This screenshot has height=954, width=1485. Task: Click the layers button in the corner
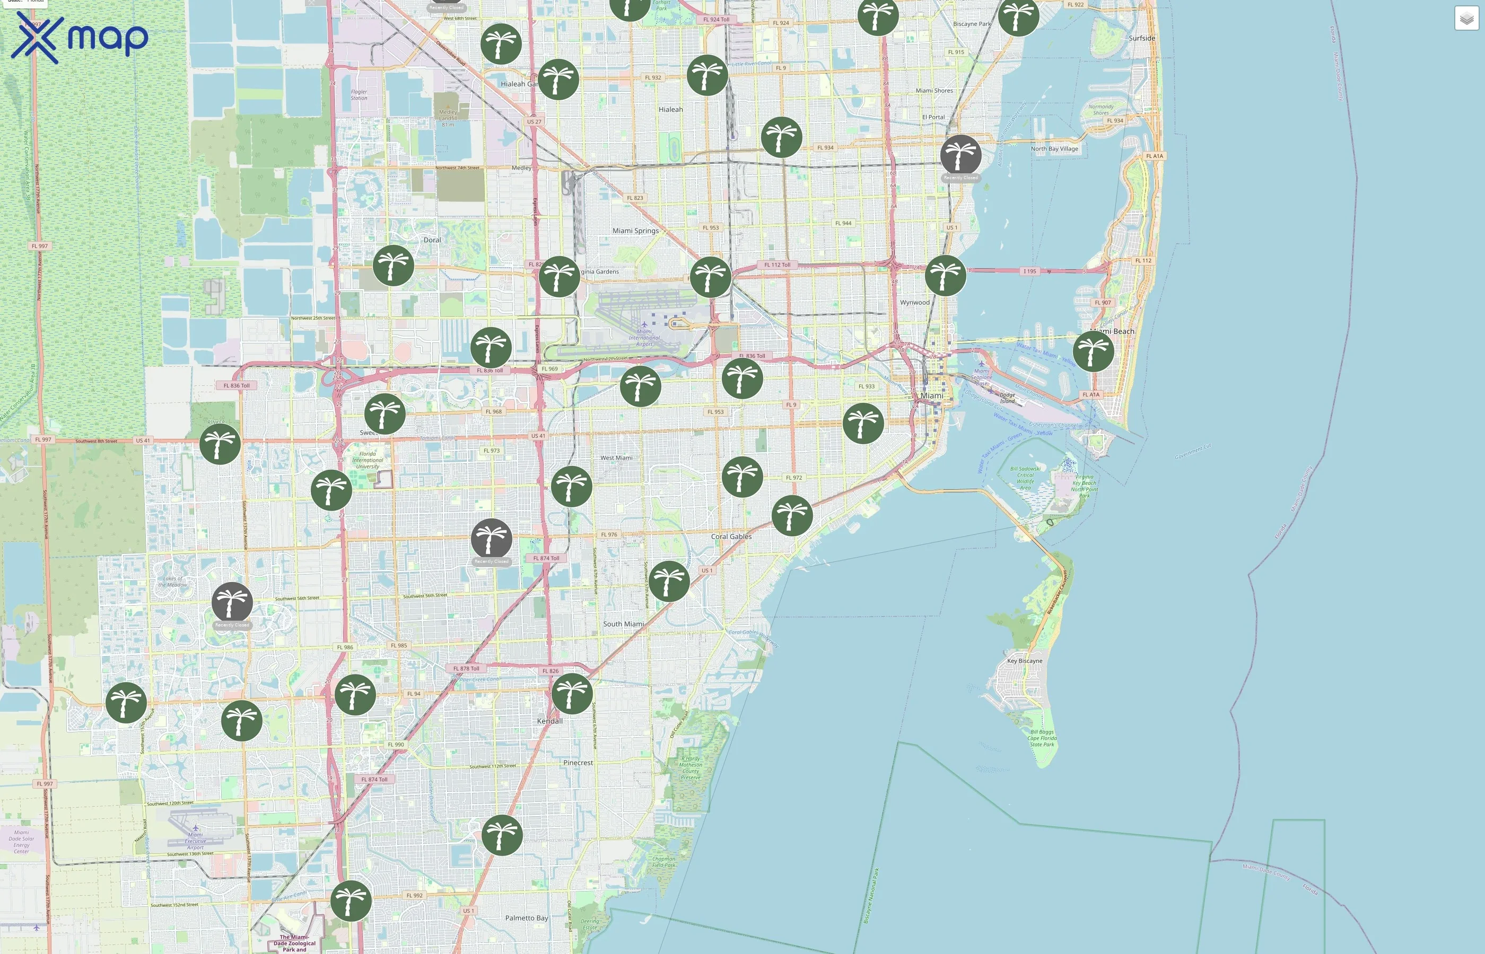click(x=1466, y=19)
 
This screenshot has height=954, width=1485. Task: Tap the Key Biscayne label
click(x=1025, y=661)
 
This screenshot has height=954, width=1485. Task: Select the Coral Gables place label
click(x=731, y=536)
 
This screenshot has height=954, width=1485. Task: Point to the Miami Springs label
click(x=635, y=231)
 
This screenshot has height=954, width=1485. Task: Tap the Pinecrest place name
click(x=578, y=763)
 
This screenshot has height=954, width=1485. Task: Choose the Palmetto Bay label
click(x=526, y=917)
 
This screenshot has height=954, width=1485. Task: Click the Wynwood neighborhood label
click(x=915, y=302)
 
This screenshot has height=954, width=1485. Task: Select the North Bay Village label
click(x=1054, y=149)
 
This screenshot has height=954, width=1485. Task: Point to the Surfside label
click(x=1142, y=38)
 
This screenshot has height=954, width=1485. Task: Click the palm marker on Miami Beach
click(x=1093, y=351)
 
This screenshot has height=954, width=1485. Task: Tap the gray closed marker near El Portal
click(x=960, y=155)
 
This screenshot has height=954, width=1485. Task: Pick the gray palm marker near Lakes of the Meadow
click(x=232, y=602)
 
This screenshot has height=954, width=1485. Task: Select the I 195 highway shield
click(x=1029, y=271)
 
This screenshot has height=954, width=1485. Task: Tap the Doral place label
click(x=432, y=240)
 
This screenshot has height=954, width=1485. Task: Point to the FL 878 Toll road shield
click(x=466, y=668)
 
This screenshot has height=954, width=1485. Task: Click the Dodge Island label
click(x=1007, y=397)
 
